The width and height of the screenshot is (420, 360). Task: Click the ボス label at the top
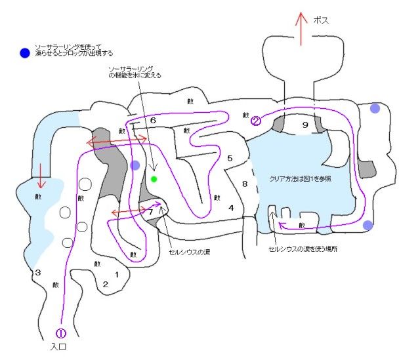click(321, 20)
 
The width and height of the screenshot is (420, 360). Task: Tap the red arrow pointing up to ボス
click(301, 28)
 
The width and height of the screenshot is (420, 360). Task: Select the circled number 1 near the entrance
click(61, 333)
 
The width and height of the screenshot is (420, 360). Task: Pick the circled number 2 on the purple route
click(256, 120)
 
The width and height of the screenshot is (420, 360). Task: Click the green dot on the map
click(154, 178)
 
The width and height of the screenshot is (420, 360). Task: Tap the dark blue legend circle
click(25, 52)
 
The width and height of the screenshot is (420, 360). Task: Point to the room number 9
click(304, 125)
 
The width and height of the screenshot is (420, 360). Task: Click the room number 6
click(152, 121)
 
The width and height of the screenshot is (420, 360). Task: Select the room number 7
click(150, 212)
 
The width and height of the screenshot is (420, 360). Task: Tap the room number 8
click(245, 184)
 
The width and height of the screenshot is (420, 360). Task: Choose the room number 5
click(230, 158)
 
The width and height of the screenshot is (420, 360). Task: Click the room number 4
click(231, 208)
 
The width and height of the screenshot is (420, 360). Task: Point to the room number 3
click(38, 272)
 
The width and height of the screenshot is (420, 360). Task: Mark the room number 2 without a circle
click(105, 284)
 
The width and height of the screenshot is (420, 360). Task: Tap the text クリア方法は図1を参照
click(299, 179)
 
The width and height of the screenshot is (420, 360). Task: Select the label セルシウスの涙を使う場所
click(300, 249)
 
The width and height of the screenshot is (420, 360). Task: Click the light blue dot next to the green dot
click(135, 165)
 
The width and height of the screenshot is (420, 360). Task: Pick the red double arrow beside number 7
click(129, 212)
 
